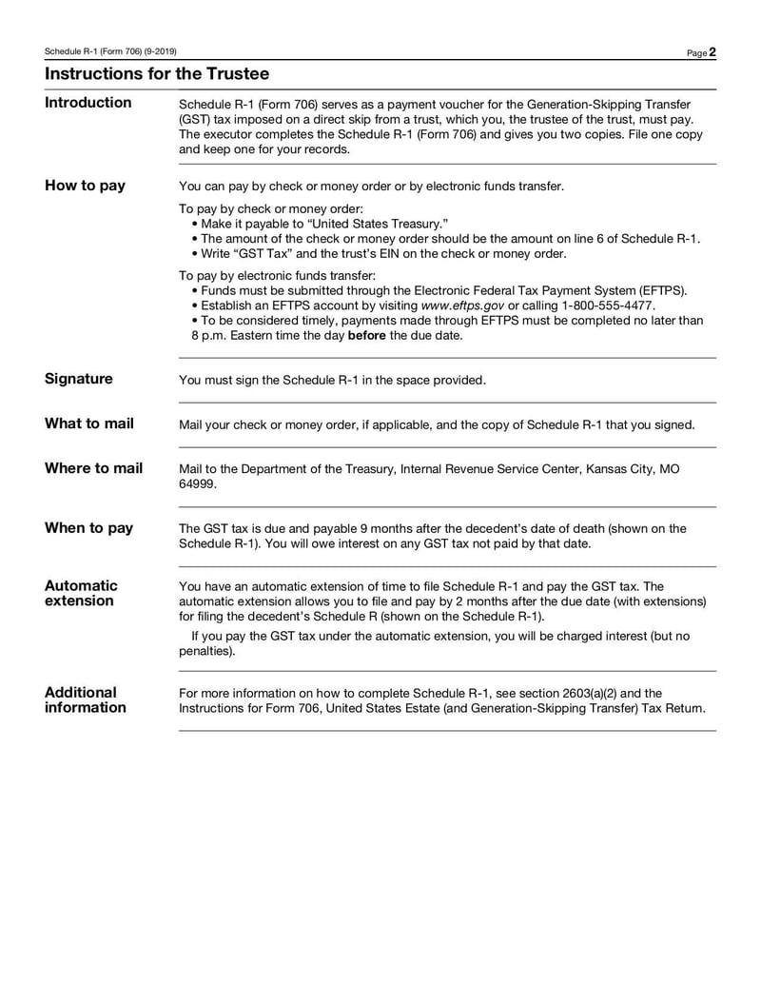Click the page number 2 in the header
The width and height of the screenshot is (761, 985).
[712, 51]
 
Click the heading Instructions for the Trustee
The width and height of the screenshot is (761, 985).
[157, 73]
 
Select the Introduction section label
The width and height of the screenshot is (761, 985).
[88, 103]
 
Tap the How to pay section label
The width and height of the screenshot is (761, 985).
[85, 186]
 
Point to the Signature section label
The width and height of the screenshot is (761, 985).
[79, 379]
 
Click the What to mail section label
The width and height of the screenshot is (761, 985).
[89, 424]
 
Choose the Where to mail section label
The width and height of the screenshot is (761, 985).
[94, 468]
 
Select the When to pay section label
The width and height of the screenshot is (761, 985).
[89, 528]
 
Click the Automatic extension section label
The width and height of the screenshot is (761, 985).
[81, 593]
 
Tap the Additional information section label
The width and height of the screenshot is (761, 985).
[86, 699]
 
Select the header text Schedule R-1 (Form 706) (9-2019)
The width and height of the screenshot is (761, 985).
[110, 51]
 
